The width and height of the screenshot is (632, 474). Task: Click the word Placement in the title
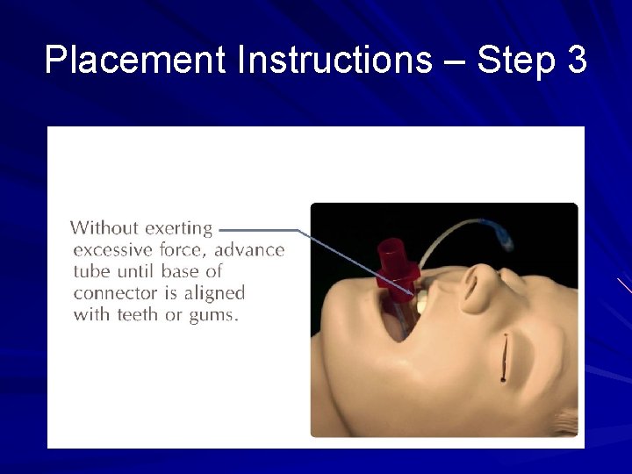point(135,60)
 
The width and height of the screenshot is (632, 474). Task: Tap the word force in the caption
point(184,250)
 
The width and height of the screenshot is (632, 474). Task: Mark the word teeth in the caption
point(137,314)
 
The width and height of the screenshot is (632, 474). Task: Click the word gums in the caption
point(213,314)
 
